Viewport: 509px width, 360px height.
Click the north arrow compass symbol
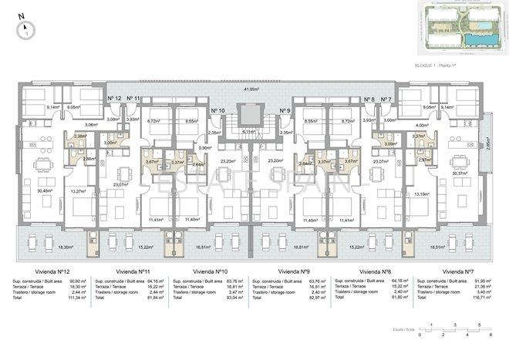(27, 29)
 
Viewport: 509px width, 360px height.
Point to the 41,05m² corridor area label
(251, 90)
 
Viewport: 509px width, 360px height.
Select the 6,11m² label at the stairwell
(248, 132)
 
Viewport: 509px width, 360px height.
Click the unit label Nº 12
(114, 99)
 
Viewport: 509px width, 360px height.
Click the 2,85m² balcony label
(487, 142)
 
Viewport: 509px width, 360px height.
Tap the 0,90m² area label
(204, 148)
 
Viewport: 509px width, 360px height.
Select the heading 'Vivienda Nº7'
(457, 271)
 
